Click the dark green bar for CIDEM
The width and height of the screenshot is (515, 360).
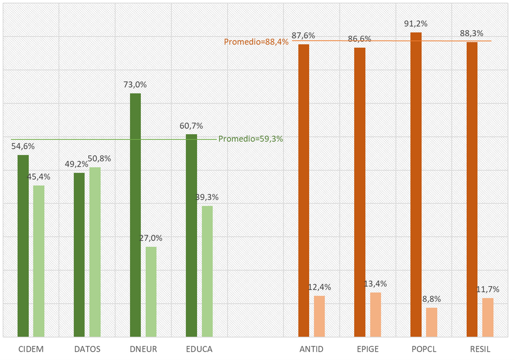pyautogui.click(x=23, y=246)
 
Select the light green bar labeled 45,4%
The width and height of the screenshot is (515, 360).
pyautogui.click(x=38, y=261)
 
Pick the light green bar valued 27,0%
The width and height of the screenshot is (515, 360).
pyautogui.click(x=151, y=292)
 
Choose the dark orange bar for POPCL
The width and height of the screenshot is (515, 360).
pyautogui.click(x=416, y=185)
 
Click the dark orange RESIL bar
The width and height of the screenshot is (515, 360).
pyautogui.click(x=472, y=189)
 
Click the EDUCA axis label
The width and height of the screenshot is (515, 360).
pyautogui.click(x=198, y=349)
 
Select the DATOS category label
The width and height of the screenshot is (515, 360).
pyautogui.click(x=87, y=349)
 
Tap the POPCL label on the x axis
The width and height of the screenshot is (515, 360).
pyautogui.click(x=423, y=349)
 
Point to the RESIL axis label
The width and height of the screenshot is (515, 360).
pyautogui.click(x=480, y=349)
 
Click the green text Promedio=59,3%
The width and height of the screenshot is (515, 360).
pyautogui.click(x=251, y=139)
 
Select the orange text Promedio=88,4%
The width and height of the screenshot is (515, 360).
pyautogui.click(x=256, y=42)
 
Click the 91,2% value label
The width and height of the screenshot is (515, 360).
pyautogui.click(x=415, y=24)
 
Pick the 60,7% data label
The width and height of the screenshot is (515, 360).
pyautogui.click(x=191, y=126)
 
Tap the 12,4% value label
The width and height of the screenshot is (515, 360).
pyautogui.click(x=320, y=287)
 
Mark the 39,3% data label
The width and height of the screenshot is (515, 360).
pyautogui.click(x=207, y=197)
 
